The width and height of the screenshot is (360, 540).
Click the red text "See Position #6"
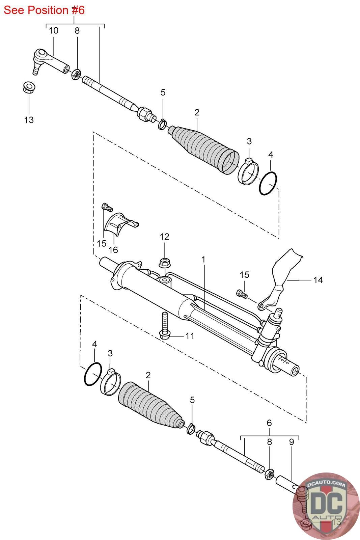[x=44, y=10]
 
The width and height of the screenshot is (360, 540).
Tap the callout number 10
[x=53, y=31]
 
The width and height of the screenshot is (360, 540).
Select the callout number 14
[x=318, y=280]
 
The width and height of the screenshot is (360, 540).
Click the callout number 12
[x=164, y=237]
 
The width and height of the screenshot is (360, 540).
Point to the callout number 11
[x=190, y=336]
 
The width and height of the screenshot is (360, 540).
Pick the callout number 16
[x=113, y=249]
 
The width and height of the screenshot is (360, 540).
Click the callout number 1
[x=203, y=260]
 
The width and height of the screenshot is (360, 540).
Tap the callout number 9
[x=292, y=442]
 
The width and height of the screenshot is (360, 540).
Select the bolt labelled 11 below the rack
[x=164, y=324]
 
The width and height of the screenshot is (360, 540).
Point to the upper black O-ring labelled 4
[x=268, y=183]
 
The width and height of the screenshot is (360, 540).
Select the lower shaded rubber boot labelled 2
[x=150, y=407]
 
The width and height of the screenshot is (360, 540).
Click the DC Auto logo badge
[x=326, y=506]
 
